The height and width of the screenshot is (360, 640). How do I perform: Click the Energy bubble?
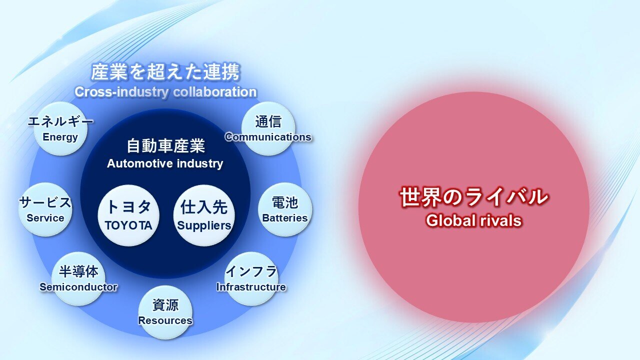pyautogui.click(x=60, y=128)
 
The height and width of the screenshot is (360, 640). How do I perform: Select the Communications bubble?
pyautogui.click(x=268, y=128)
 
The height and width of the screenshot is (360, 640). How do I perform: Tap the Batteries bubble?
pyautogui.click(x=285, y=209)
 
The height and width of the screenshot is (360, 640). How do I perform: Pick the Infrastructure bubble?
pyautogui.click(x=251, y=278)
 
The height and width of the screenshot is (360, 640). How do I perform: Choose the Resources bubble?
pyautogui.click(x=165, y=312)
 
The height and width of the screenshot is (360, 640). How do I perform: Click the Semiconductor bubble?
pyautogui.click(x=78, y=278)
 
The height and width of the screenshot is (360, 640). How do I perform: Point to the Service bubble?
pyautogui.click(x=45, y=209)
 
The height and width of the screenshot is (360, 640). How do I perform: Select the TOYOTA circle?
pyautogui.click(x=128, y=215)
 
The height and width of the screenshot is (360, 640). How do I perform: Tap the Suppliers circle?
pyautogui.click(x=204, y=215)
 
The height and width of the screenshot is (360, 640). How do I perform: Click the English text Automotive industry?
pyautogui.click(x=165, y=163)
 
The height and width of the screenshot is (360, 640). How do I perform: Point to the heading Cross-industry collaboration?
pyautogui.click(x=165, y=92)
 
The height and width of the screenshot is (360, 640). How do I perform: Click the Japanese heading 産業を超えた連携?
pyautogui.click(x=165, y=71)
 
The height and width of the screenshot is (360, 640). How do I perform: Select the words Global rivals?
pyautogui.click(x=473, y=220)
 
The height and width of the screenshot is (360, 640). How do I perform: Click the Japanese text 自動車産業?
pyautogui.click(x=165, y=145)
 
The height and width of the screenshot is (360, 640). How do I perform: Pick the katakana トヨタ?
pyautogui.click(x=128, y=206)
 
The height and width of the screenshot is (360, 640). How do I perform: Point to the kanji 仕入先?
pyautogui.click(x=204, y=207)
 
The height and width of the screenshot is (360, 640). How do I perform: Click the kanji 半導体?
pyautogui.click(x=78, y=271)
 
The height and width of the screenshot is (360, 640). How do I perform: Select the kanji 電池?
pyautogui.click(x=285, y=202)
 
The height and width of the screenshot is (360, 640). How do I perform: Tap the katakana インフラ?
pyautogui.click(x=251, y=271)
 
